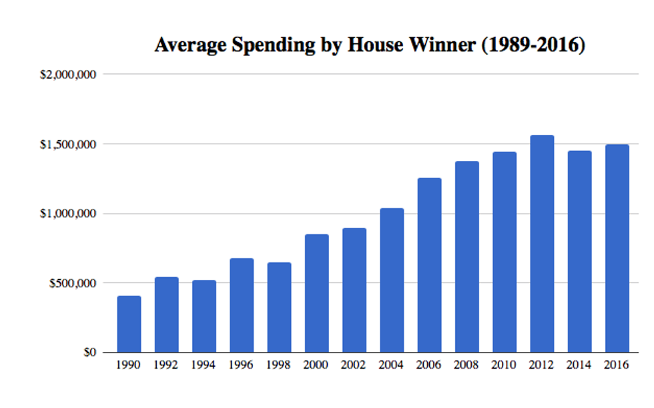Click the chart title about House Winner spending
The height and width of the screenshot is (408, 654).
click(370, 45)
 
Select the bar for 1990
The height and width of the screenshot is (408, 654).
click(129, 324)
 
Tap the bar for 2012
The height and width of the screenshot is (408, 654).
click(541, 244)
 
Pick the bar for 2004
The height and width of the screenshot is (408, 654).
click(391, 280)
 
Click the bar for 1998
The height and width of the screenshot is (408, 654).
click(279, 307)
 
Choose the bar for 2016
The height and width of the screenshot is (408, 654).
click(617, 248)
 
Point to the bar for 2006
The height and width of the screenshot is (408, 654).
click(429, 265)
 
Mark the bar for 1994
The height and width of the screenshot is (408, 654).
click(204, 316)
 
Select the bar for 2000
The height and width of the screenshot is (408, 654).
click(316, 293)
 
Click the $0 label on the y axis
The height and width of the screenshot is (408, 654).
click(89, 353)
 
